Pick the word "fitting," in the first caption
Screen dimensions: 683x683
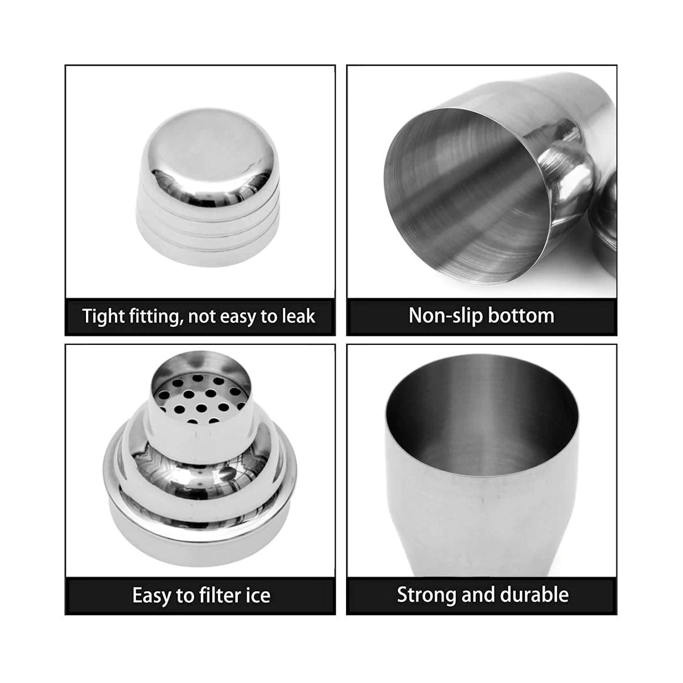[x=155, y=316]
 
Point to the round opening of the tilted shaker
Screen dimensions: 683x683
[x=468, y=197]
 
